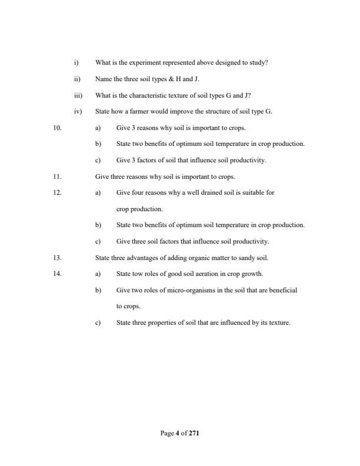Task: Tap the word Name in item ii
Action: click(103, 79)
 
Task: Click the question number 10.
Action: click(58, 128)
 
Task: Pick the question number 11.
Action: click(58, 177)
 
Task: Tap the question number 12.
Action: click(58, 192)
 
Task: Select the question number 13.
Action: click(58, 258)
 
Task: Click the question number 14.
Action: click(58, 274)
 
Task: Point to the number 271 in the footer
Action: click(194, 433)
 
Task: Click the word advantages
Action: click(139, 258)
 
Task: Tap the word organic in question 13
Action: click(192, 258)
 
